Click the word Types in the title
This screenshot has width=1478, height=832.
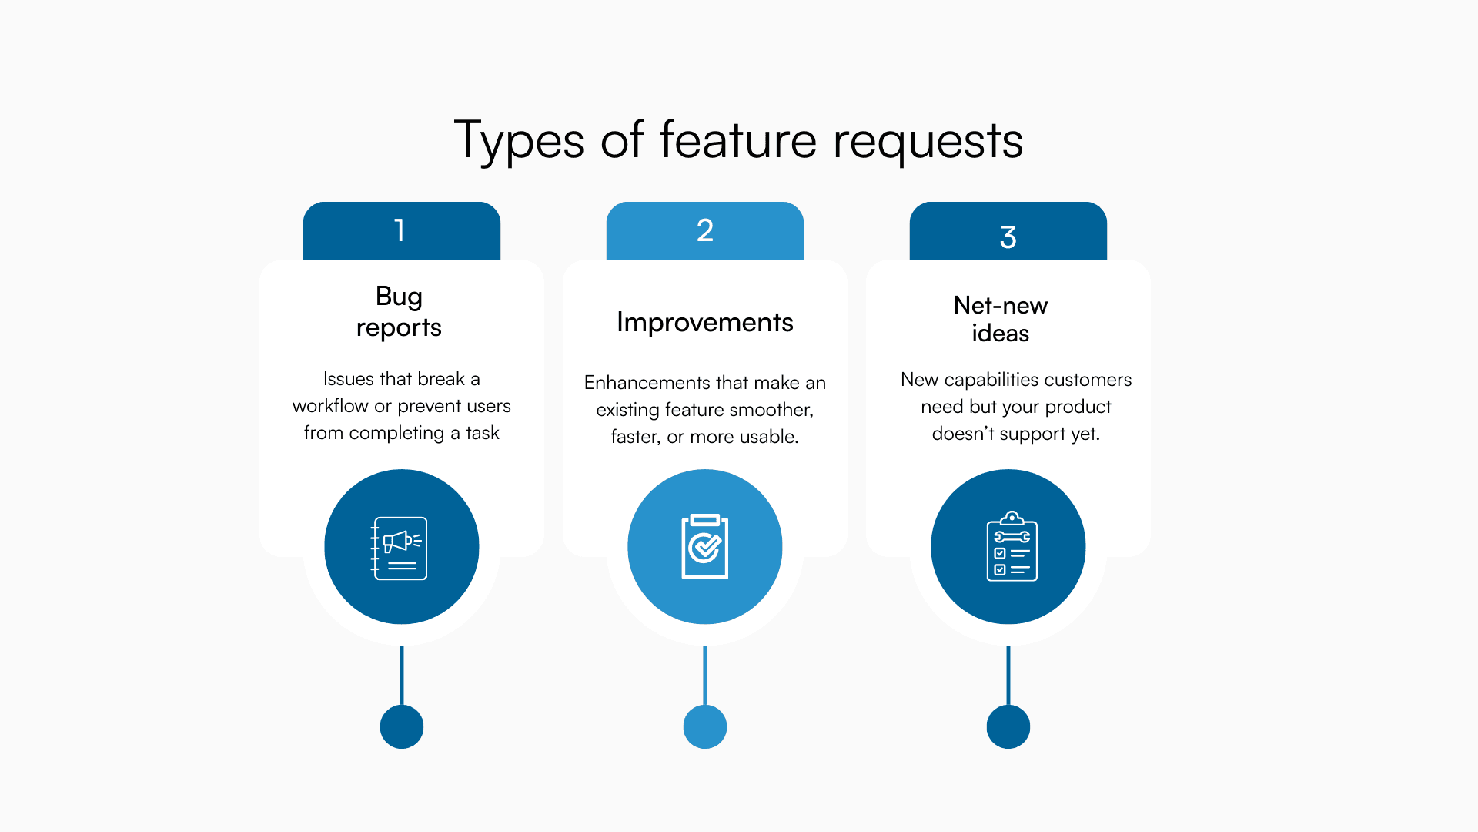(x=519, y=142)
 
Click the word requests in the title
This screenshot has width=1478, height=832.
(x=928, y=142)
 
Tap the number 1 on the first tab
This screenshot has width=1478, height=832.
(x=400, y=230)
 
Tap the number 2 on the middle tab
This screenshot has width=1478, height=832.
(x=704, y=230)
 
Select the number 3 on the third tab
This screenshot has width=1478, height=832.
(x=1008, y=237)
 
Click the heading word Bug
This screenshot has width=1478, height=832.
(x=399, y=297)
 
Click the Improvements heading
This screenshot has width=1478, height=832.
(x=704, y=322)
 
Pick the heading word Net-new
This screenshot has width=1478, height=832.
(x=1000, y=305)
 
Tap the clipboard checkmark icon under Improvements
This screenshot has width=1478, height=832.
(x=704, y=546)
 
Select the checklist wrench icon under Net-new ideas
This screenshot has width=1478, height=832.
(x=1012, y=546)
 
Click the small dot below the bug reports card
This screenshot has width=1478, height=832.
(x=401, y=726)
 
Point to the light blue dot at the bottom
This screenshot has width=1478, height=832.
(x=704, y=726)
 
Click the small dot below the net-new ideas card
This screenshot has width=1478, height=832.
(x=1008, y=726)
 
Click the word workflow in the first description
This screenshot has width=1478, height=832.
(x=329, y=406)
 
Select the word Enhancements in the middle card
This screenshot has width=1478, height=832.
(x=647, y=383)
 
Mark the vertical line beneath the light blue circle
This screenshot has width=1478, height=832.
(x=704, y=675)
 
